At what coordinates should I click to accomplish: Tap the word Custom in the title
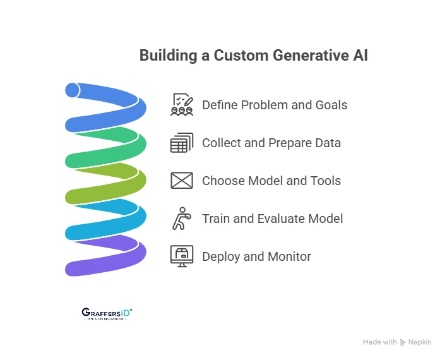(x=241, y=56)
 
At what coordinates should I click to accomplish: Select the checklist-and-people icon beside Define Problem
(x=182, y=105)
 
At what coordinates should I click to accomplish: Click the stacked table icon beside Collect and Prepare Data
(x=182, y=143)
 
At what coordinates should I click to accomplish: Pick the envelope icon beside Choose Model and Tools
(x=182, y=181)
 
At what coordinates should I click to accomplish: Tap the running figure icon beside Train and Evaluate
(x=181, y=219)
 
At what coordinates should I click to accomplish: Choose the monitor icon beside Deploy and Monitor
(x=182, y=256)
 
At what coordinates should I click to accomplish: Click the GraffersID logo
(x=107, y=313)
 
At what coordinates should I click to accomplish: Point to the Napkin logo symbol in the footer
(x=403, y=342)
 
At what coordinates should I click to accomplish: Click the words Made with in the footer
(x=379, y=342)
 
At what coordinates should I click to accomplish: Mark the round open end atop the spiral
(x=72, y=90)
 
